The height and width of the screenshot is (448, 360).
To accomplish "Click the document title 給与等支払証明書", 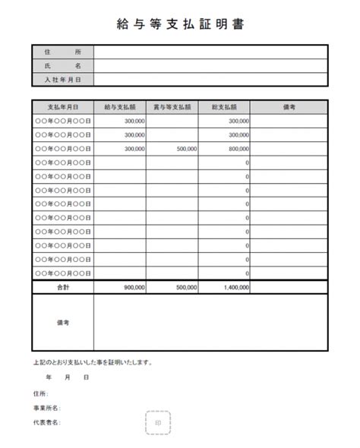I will pos(180,24).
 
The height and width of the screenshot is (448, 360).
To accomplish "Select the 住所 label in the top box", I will pos(62,52).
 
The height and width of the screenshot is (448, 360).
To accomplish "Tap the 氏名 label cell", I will pos(62,65).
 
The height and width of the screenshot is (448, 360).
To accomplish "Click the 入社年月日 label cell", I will pos(62,79).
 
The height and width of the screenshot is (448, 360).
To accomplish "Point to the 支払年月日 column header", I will pos(62,107).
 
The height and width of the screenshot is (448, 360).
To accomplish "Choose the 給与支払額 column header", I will pos(120,107).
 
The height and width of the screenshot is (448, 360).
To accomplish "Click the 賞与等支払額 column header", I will pos(172,107).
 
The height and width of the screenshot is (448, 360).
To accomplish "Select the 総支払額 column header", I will pos(225,107).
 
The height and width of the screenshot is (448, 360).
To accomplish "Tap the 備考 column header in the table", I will pos(289,107).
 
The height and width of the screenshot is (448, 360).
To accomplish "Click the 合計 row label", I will pos(62,288).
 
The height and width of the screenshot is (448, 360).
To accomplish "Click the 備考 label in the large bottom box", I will pos(62,323).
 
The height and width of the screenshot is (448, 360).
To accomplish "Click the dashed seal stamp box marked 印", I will pos(157,423).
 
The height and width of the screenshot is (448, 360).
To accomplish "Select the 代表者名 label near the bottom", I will pos(46,422).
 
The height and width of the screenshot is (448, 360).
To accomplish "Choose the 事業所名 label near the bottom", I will pos(46,408).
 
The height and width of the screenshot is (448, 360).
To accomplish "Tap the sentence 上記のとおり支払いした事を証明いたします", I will pos(93,362).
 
